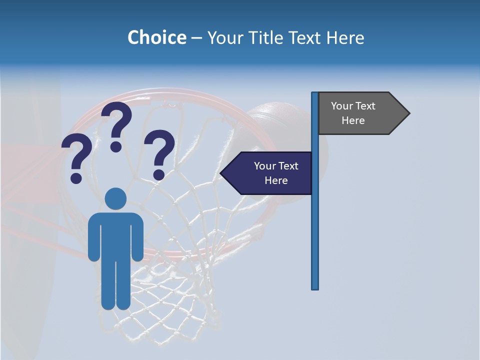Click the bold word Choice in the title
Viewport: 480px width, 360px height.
[x=156, y=37]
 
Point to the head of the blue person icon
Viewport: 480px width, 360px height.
[x=115, y=198]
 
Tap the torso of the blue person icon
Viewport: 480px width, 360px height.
[x=115, y=235]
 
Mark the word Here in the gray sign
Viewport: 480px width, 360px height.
[x=353, y=120]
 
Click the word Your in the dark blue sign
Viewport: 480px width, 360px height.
[x=265, y=166]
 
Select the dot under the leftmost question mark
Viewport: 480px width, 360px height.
[x=76, y=177]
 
